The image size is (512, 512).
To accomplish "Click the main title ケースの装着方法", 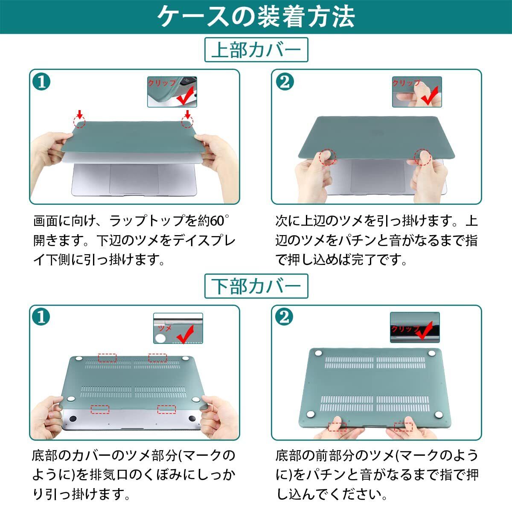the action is [x=256, y=17].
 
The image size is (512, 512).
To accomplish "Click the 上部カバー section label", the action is [x=256, y=49].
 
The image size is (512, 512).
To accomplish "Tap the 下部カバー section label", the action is [x=256, y=286].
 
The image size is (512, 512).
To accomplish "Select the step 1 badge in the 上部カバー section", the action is [x=41, y=82].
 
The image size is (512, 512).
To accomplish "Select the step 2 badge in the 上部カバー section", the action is [x=285, y=82].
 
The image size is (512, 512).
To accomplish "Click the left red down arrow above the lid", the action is [x=79, y=114].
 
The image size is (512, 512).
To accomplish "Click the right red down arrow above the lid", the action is [x=188, y=114].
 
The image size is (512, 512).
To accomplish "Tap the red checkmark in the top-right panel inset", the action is [x=430, y=96].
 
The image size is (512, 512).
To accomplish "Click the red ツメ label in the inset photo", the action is [x=165, y=329].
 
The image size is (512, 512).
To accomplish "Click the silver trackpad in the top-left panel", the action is [x=134, y=179].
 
